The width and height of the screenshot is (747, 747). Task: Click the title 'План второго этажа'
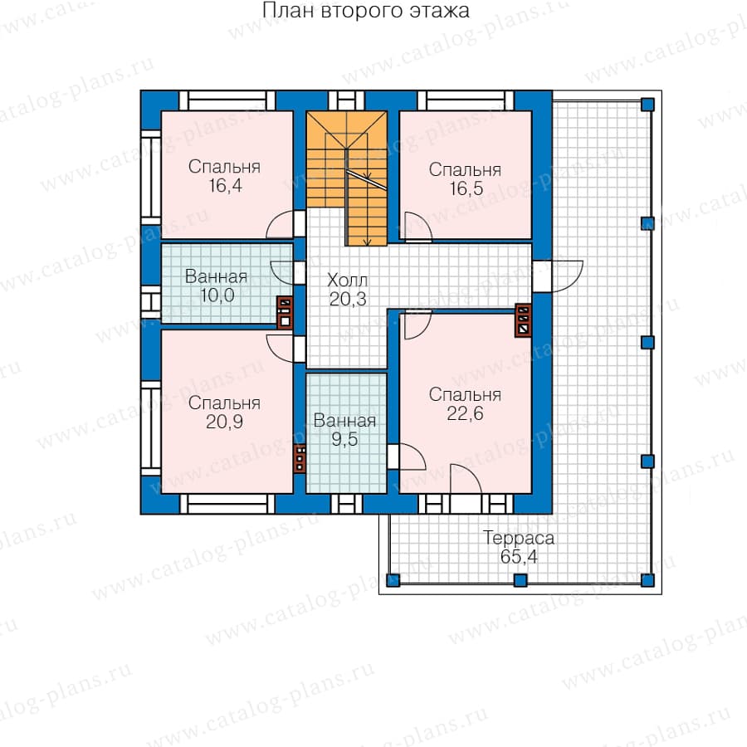pyautogui.click(x=366, y=11)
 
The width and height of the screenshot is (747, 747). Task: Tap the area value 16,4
pyautogui.click(x=225, y=185)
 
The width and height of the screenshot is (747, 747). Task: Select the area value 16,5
pyautogui.click(x=466, y=188)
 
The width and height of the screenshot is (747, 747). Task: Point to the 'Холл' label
pyautogui.click(x=347, y=280)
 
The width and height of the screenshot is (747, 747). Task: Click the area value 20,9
pyautogui.click(x=224, y=422)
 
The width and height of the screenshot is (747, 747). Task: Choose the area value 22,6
pyautogui.click(x=465, y=413)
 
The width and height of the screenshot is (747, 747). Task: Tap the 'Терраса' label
pyautogui.click(x=519, y=538)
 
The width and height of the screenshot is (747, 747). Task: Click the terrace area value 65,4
pyautogui.click(x=519, y=556)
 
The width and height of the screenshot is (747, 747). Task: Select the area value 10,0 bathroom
pyautogui.click(x=217, y=295)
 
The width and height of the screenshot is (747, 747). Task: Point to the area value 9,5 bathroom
pyautogui.click(x=344, y=439)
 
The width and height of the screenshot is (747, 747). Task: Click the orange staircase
pyautogui.click(x=346, y=178)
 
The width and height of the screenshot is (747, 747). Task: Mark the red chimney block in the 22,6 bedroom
pyautogui.click(x=523, y=320)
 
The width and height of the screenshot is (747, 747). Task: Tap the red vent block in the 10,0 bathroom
pyautogui.click(x=285, y=312)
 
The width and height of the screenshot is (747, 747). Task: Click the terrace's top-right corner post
pyautogui.click(x=647, y=105)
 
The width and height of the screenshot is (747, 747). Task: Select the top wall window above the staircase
pyautogui.click(x=346, y=100)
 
